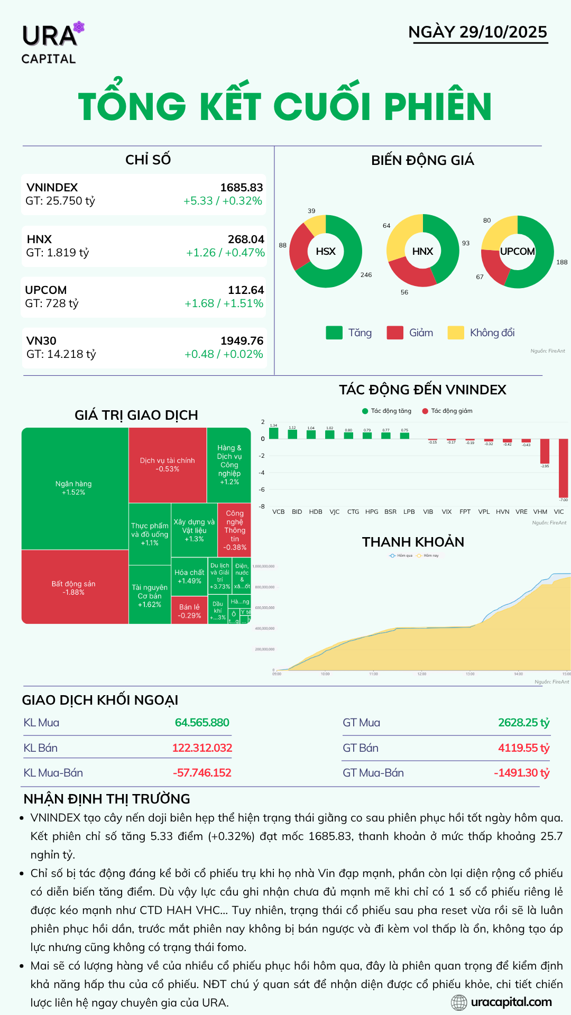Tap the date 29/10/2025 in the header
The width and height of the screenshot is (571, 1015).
tap(503, 32)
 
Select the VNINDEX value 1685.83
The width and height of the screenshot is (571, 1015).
tap(241, 188)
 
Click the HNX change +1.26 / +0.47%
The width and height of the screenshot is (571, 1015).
tap(225, 253)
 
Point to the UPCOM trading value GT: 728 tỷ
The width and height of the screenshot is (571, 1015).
tap(52, 303)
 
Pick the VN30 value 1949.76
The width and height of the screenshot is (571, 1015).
tap(242, 341)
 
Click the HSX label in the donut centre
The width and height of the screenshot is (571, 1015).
tap(326, 252)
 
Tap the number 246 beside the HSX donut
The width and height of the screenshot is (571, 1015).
tap(366, 275)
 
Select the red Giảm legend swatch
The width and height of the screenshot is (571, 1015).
tap(395, 333)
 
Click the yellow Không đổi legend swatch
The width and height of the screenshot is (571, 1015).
tap(456, 333)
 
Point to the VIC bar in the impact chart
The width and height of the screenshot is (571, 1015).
tap(563, 468)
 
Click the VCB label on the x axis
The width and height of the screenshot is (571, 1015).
tap(278, 512)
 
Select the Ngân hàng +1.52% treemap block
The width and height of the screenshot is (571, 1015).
tap(73, 488)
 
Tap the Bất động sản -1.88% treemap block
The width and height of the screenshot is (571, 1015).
tap(73, 587)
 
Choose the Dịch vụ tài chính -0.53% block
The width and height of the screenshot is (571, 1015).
tap(167, 465)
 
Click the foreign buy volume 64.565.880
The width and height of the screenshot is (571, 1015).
tap(202, 723)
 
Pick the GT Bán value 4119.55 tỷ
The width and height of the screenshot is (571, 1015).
tap(523, 748)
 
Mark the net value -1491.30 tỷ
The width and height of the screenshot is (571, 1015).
tap(521, 773)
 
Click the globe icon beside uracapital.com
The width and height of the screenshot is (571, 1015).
tap(459, 1002)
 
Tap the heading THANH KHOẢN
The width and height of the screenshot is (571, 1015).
tap(413, 542)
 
